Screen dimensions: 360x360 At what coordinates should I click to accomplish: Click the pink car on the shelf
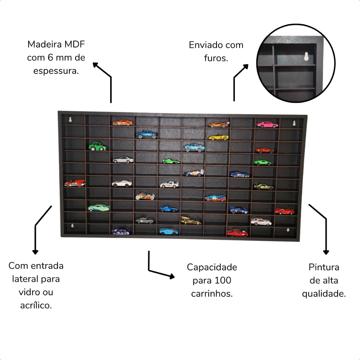[267, 125]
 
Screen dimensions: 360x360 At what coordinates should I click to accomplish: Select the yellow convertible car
[218, 137]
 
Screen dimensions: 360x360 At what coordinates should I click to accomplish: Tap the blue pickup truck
[147, 135]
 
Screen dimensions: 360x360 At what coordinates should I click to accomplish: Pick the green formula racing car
[171, 161]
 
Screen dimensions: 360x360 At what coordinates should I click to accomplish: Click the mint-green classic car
[99, 207]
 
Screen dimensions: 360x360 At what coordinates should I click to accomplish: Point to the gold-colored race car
[191, 220]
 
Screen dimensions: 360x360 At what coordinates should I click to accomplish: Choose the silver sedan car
[123, 160]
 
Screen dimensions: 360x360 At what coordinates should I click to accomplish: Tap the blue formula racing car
[169, 209]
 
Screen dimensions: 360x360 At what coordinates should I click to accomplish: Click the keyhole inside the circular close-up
[306, 57]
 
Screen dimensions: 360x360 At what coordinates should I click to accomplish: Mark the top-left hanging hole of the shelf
[70, 120]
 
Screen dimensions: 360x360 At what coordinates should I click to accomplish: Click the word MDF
[75, 44]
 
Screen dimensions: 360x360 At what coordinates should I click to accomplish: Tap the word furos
[216, 58]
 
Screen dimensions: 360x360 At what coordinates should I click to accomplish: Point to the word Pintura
[324, 267]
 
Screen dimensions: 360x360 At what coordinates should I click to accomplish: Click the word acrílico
[36, 306]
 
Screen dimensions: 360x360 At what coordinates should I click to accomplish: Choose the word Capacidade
[212, 268]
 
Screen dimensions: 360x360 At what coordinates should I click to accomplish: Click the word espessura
[56, 71]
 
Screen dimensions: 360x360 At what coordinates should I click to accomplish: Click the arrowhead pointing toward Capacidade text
[172, 276]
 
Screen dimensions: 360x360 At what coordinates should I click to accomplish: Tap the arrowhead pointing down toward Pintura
[326, 252]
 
